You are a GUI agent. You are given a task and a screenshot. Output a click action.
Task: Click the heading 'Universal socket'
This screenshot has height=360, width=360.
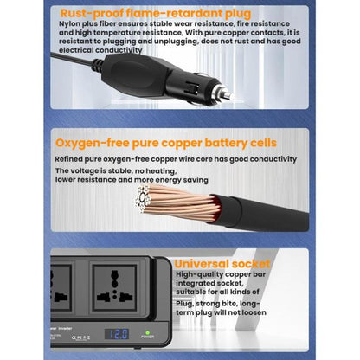coord(222,264)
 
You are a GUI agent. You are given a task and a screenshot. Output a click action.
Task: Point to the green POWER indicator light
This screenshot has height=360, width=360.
coord(147,331)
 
